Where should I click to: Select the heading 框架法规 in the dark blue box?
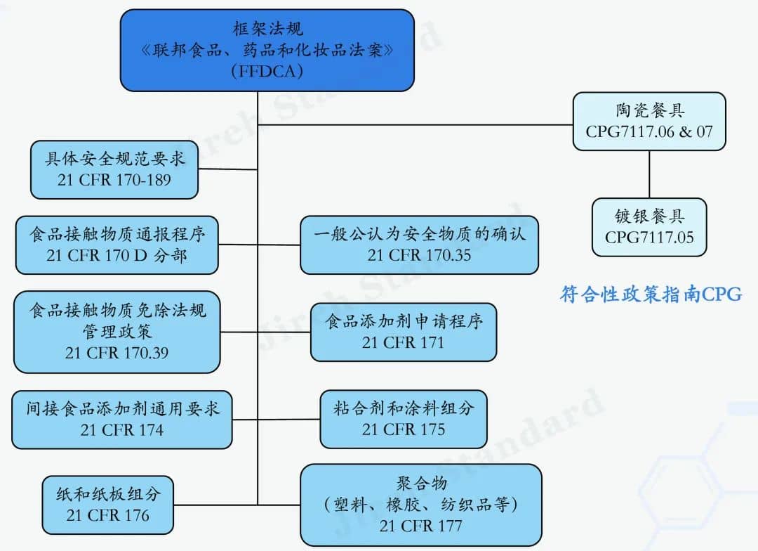click(265, 29)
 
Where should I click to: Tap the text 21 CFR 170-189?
click(114, 179)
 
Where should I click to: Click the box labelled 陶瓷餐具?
click(649, 121)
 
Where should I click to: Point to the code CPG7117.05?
click(649, 237)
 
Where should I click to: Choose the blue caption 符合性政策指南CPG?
click(651, 294)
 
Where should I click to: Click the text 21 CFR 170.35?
click(419, 254)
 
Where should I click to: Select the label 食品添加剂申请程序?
click(404, 323)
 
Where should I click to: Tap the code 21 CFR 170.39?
click(117, 353)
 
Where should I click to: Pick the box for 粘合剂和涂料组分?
click(404, 419)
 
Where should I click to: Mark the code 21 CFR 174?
click(122, 429)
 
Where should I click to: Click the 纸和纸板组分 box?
click(108, 504)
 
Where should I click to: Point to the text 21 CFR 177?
click(421, 524)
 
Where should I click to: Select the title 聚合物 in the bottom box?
click(421, 484)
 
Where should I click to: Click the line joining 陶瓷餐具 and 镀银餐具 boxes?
click(649, 174)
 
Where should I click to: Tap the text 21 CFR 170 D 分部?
click(117, 254)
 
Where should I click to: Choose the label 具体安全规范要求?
click(115, 159)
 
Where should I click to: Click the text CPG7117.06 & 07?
click(649, 131)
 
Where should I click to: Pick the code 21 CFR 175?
click(404, 429)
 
